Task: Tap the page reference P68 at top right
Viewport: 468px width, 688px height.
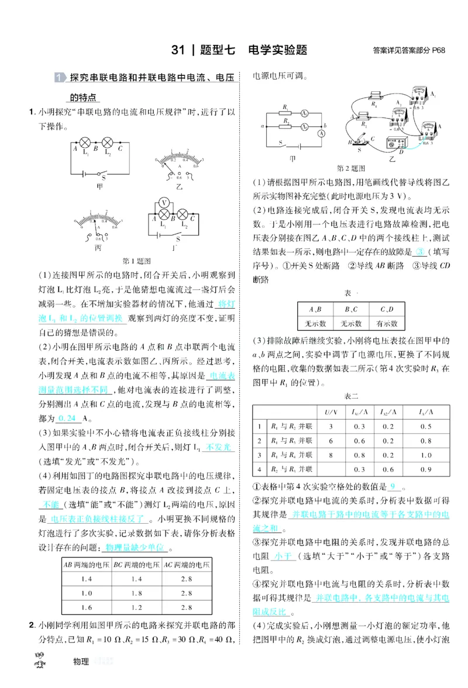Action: point(439,50)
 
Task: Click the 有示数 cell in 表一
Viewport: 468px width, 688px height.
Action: point(387,323)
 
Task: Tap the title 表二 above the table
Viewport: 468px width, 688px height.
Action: point(351,396)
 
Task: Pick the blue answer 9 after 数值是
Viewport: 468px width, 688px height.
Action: point(393,486)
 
